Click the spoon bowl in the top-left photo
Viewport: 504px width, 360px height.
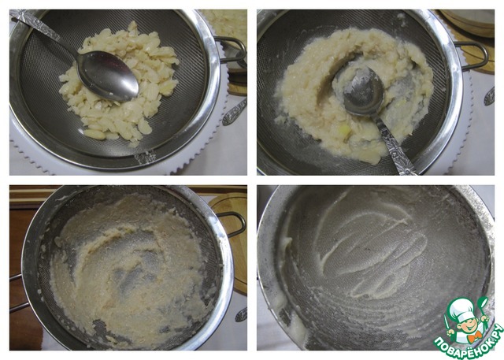108,75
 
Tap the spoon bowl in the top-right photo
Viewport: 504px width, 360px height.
363,91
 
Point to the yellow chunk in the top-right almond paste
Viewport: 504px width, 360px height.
345,130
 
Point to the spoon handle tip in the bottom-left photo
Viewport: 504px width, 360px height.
241,314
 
